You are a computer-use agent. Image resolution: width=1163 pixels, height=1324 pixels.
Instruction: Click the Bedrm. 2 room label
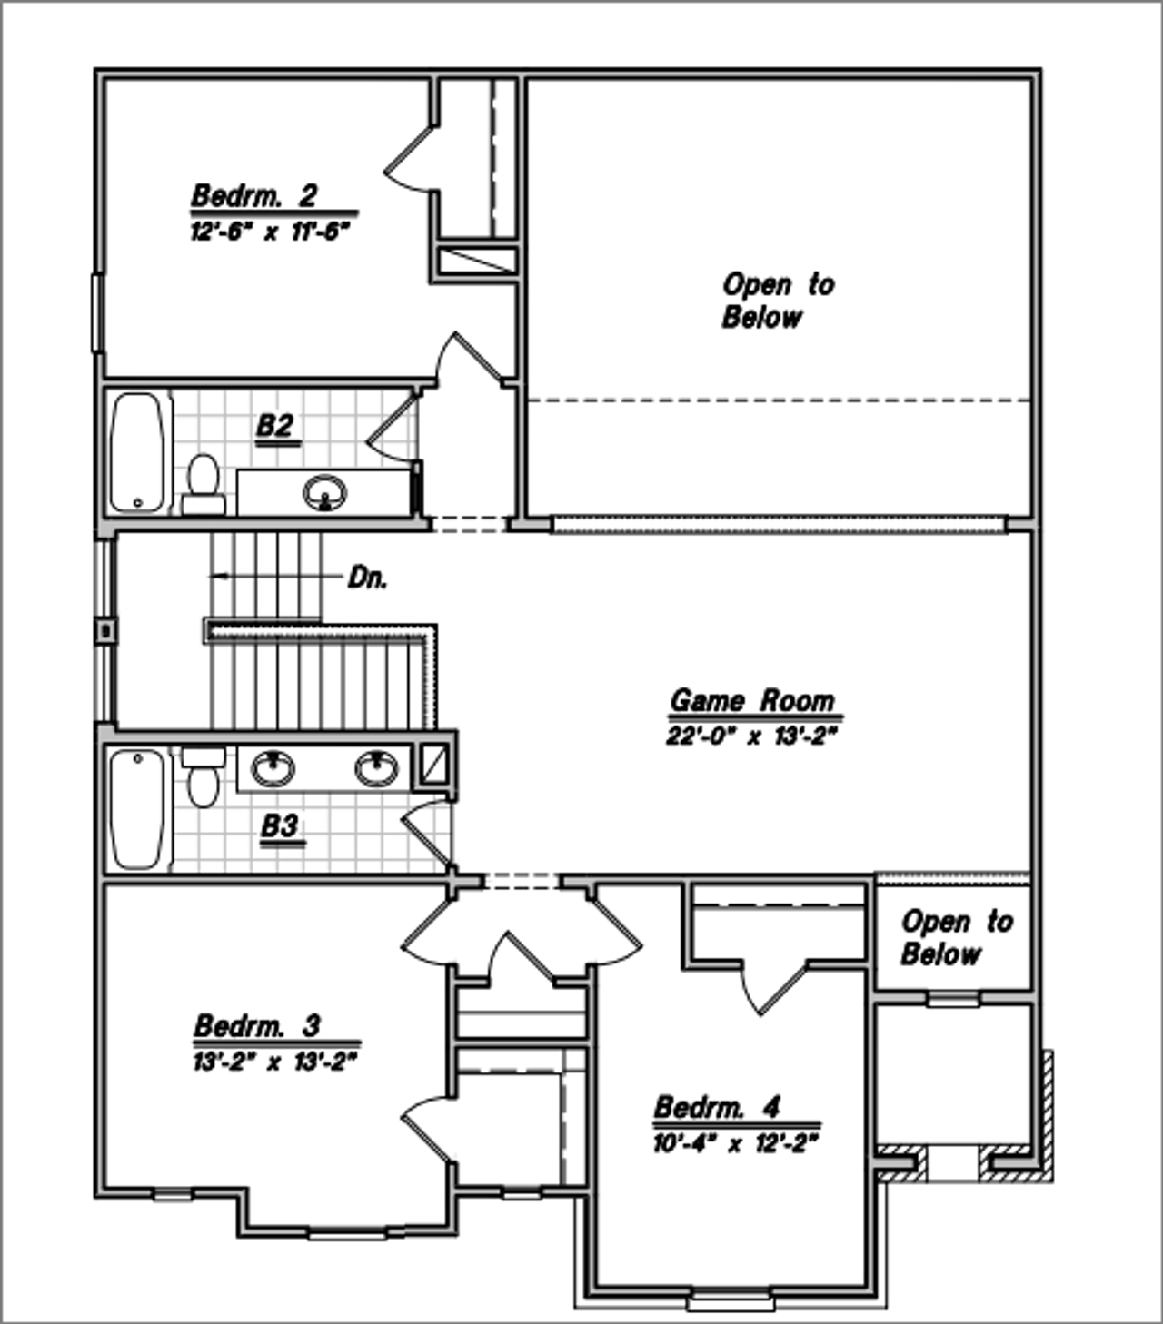click(253, 196)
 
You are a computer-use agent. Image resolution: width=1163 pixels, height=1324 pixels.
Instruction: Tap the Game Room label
click(751, 701)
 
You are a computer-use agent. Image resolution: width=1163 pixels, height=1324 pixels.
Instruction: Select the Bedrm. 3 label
click(257, 1026)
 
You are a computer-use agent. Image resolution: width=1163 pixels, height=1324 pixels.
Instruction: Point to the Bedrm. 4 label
click(717, 1108)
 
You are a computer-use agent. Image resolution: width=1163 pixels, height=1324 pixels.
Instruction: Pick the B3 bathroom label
click(280, 826)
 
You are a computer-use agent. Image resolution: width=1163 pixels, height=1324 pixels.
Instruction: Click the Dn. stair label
click(368, 578)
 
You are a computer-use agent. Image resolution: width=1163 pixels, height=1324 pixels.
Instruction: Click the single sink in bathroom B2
click(324, 493)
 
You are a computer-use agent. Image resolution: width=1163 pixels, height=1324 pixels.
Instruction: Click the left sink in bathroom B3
click(273, 769)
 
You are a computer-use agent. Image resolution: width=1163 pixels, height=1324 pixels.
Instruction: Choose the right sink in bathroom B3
click(376, 769)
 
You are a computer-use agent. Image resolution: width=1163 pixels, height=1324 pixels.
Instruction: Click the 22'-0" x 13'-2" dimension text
click(750, 736)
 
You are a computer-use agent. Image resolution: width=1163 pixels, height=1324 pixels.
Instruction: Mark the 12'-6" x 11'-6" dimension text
click(270, 232)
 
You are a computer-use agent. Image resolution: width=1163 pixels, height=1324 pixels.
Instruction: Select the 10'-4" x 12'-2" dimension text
click(736, 1143)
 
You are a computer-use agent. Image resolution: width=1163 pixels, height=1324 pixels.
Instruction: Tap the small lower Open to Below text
click(956, 938)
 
